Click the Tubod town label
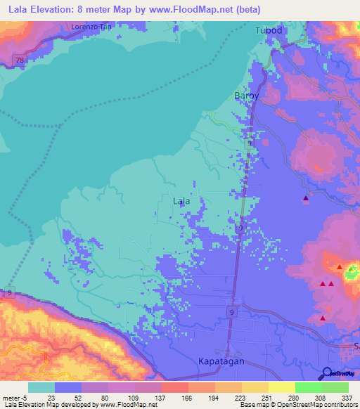click(269, 31)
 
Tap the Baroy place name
click(246, 95)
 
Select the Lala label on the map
click(181, 201)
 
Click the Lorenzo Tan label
click(91, 27)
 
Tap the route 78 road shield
click(20, 61)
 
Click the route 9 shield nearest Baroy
click(250, 143)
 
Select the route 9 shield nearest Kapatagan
click(231, 311)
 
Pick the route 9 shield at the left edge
click(10, 292)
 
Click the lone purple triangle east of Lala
click(305, 199)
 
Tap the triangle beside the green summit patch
click(340, 267)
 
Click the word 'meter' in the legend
click(12, 397)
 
